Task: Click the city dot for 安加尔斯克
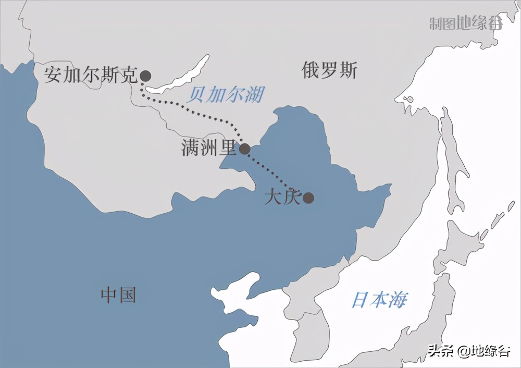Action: (x=145, y=76)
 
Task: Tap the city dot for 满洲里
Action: (x=244, y=150)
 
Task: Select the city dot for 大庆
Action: (x=308, y=198)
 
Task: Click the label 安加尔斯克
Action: (x=90, y=75)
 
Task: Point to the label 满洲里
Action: (x=209, y=148)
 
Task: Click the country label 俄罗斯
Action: (x=329, y=70)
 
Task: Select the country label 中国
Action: (x=118, y=295)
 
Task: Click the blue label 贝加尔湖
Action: (x=226, y=95)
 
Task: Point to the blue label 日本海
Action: (x=379, y=300)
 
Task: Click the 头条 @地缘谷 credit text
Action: (x=468, y=351)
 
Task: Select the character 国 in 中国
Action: (x=127, y=295)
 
